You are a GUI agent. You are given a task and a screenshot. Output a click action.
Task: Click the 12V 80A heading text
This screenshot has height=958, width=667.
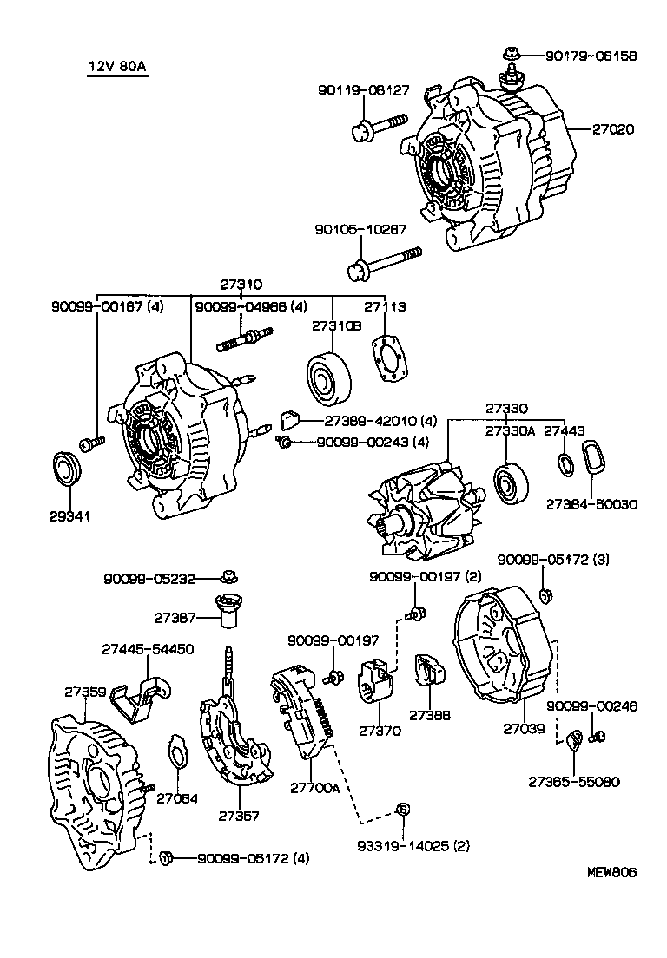[x=117, y=68]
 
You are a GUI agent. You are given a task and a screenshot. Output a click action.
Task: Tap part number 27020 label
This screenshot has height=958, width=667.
[x=613, y=129]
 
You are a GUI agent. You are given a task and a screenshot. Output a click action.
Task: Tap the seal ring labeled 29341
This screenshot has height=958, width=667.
[x=68, y=469]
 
